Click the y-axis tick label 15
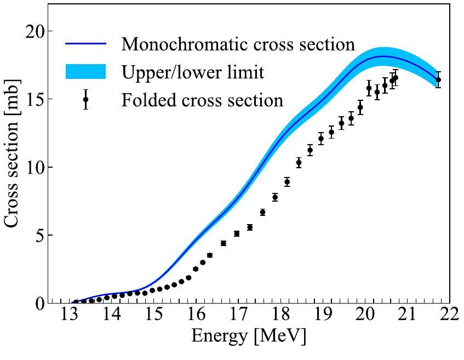[37, 99]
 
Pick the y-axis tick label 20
[37, 31]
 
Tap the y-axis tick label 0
[42, 303]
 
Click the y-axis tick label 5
[42, 235]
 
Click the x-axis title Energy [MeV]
[248, 336]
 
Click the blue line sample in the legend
[85, 43]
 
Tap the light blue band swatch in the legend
[85, 72]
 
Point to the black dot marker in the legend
[85, 100]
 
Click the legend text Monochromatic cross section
[238, 44]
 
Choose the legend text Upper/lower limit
[193, 72]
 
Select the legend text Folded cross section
[202, 100]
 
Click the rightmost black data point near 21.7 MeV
[438, 79]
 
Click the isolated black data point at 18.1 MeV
[287, 182]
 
